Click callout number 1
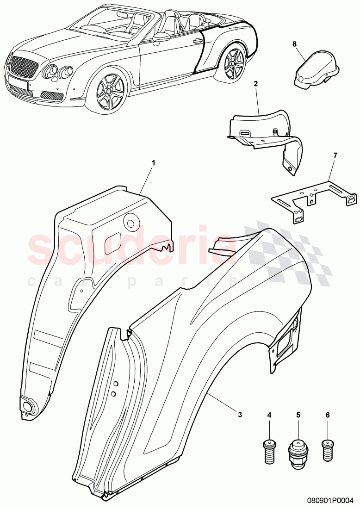154,163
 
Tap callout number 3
240,415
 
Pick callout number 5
298,415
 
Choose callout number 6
328,415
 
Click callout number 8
294,44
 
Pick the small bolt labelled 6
327,447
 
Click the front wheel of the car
108,91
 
